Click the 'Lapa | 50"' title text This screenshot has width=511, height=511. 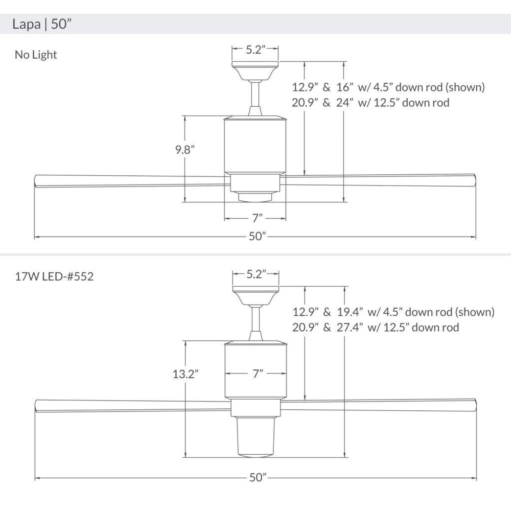pyautogui.click(x=41, y=24)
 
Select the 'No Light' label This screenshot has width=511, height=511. pyautogui.click(x=36, y=55)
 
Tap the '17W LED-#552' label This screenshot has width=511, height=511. pyautogui.click(x=54, y=276)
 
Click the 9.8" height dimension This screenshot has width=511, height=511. pyautogui.click(x=185, y=150)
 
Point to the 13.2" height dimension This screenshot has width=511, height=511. pyautogui.click(x=185, y=374)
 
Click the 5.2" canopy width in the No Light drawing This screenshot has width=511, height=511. pyautogui.click(x=255, y=50)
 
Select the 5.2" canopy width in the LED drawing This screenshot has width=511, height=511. pyautogui.click(x=255, y=274)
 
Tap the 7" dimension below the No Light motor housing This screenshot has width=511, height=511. pyautogui.click(x=257, y=218)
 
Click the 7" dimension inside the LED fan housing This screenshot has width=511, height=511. pyautogui.click(x=258, y=374)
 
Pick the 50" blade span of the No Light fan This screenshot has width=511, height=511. pyautogui.click(x=258, y=236)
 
